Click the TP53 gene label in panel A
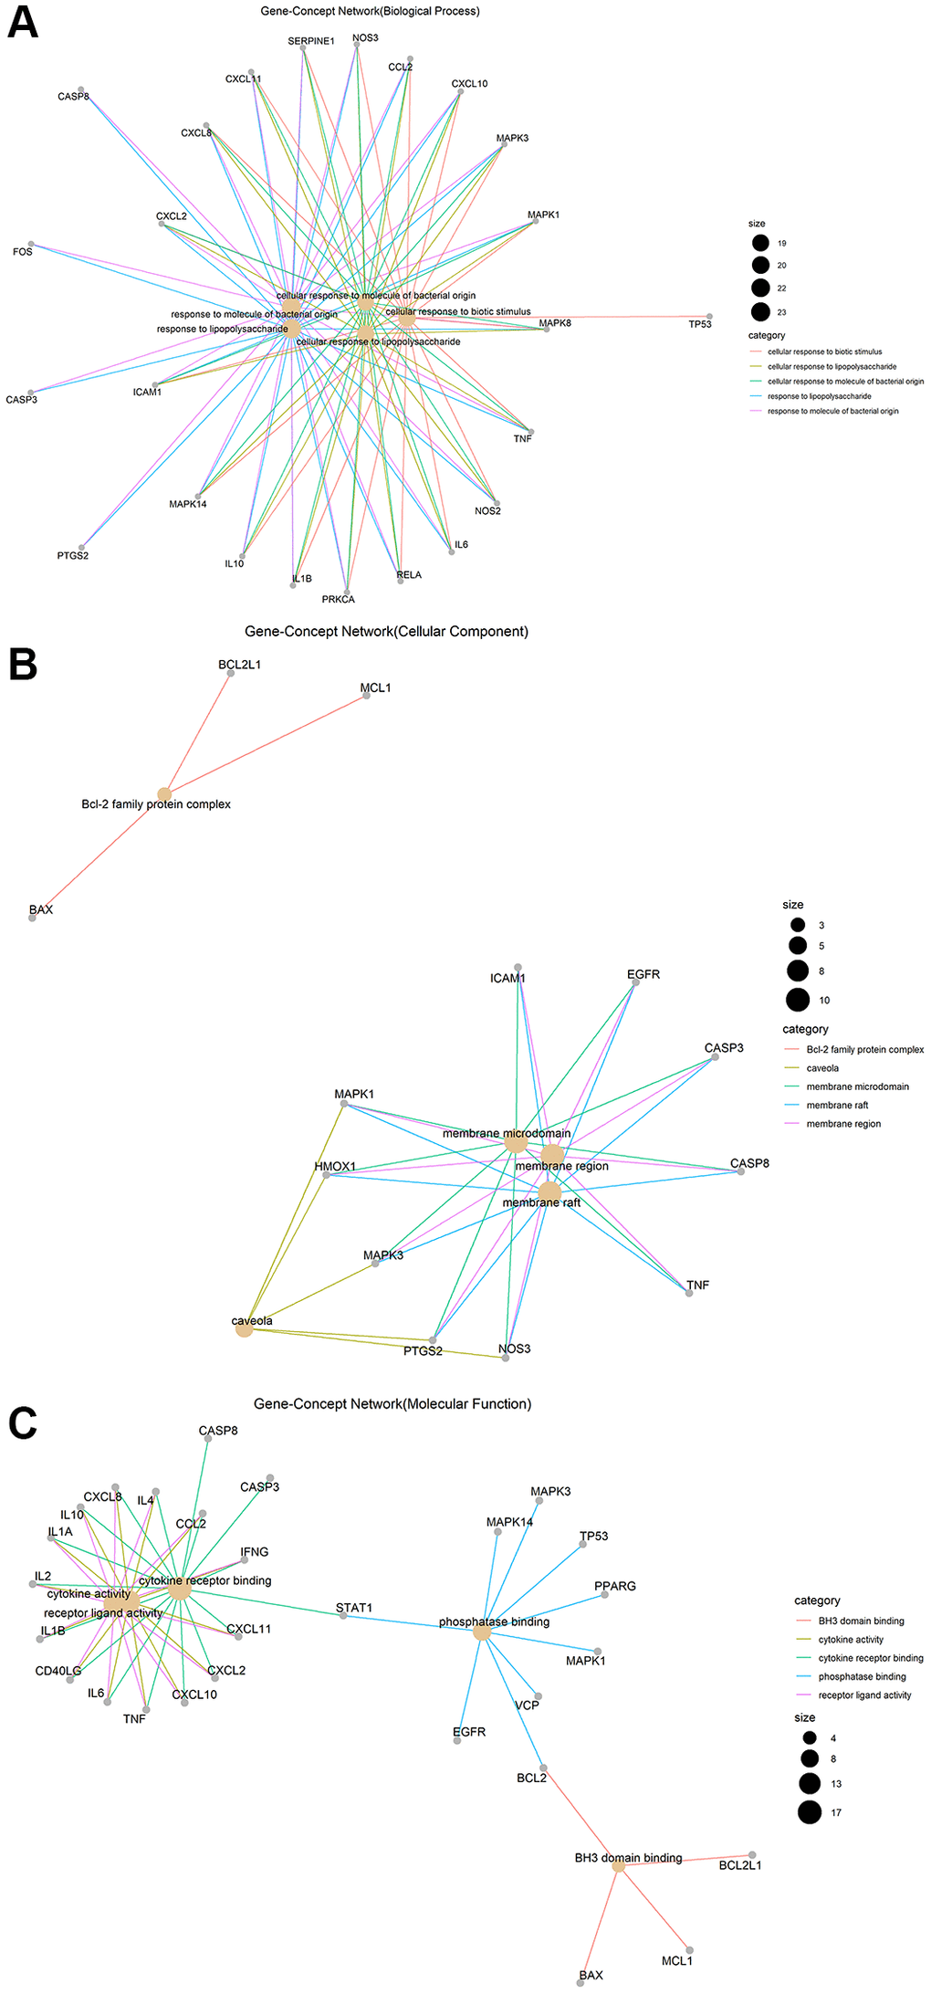tap(699, 324)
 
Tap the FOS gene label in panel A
tap(23, 252)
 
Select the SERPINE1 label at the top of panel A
tap(311, 41)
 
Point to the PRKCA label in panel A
tap(338, 599)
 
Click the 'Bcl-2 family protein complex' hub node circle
tap(164, 793)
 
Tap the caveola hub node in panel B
tap(244, 1330)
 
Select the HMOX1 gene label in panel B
tap(335, 1166)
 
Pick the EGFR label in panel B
tap(643, 974)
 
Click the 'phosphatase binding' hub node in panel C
tap(482, 1632)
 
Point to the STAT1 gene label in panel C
tap(353, 1608)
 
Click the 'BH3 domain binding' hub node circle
tap(618, 1866)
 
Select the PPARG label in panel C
tap(615, 1586)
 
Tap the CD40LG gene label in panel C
tap(58, 1671)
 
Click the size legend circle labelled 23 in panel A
tap(760, 312)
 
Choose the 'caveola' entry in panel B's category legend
tap(822, 1068)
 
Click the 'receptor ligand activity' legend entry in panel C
tap(864, 1695)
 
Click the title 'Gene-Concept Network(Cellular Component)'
tap(386, 631)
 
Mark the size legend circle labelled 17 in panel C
tap(810, 1812)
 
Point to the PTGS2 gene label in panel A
tap(73, 555)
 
